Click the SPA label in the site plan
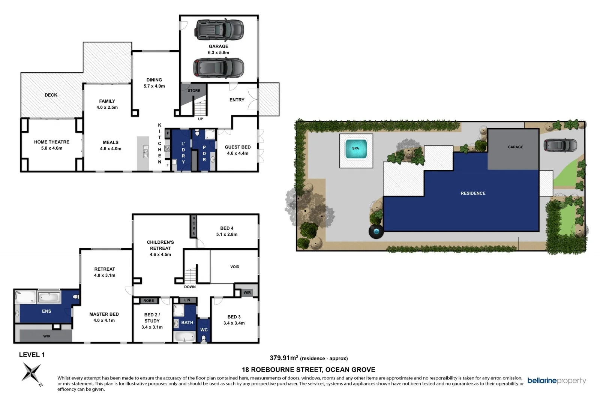[x=355, y=148]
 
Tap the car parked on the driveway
[x=560, y=145]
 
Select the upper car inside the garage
[x=219, y=30]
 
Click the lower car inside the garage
[x=219, y=68]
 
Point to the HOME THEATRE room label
[x=52, y=142]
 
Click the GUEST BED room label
[x=237, y=147]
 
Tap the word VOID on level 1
[x=235, y=267]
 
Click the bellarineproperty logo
[x=556, y=381]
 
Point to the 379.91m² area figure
[x=284, y=358]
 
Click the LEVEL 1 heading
[x=32, y=355]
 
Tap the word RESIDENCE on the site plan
[x=473, y=193]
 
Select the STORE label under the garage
[x=194, y=91]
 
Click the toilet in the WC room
[x=204, y=339]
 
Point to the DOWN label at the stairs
[x=190, y=287]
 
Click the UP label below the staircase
[x=201, y=119]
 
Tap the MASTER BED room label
[x=104, y=314]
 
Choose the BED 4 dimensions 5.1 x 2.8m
[x=226, y=235]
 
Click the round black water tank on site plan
[x=376, y=231]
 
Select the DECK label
[x=51, y=95]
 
